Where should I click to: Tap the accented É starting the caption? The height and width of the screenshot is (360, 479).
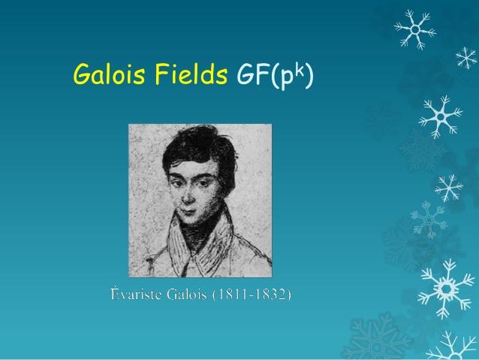[x=115, y=292]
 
